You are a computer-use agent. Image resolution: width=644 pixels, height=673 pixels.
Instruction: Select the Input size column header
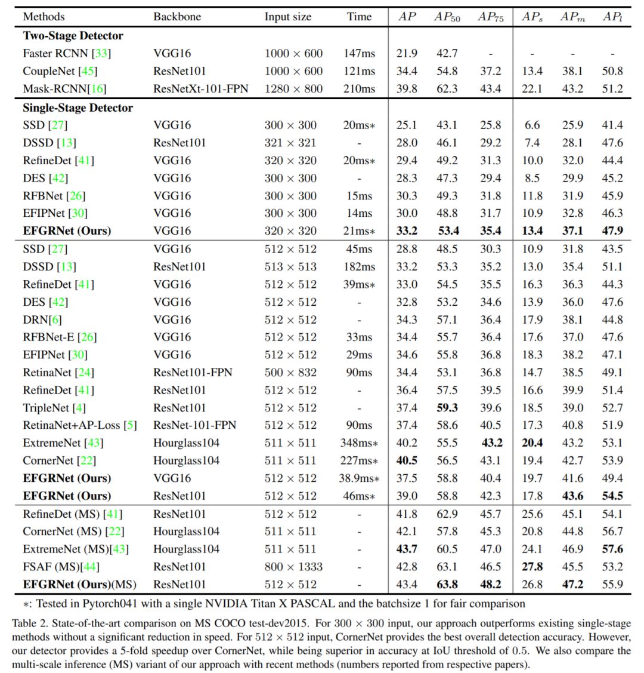click(287, 17)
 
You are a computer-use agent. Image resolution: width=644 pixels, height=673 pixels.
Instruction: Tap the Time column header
click(359, 17)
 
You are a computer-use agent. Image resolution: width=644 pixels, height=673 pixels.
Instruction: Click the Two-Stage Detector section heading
click(73, 35)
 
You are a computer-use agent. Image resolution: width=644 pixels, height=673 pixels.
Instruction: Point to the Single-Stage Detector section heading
click(78, 107)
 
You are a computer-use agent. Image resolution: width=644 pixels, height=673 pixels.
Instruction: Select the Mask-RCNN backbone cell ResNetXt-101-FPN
click(200, 88)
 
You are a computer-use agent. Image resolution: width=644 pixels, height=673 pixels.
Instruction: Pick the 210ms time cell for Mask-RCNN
click(359, 88)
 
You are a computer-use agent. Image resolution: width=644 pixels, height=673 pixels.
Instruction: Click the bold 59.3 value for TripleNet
click(446, 408)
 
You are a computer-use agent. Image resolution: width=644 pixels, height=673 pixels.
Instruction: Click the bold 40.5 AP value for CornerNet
click(407, 460)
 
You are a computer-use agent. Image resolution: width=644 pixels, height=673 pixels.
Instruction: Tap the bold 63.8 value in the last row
click(446, 584)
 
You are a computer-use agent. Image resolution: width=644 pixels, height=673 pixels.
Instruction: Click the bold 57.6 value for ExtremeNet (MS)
click(612, 549)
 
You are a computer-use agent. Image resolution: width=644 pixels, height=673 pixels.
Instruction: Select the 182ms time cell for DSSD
click(359, 266)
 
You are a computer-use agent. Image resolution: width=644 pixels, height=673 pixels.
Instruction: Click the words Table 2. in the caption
click(28, 623)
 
